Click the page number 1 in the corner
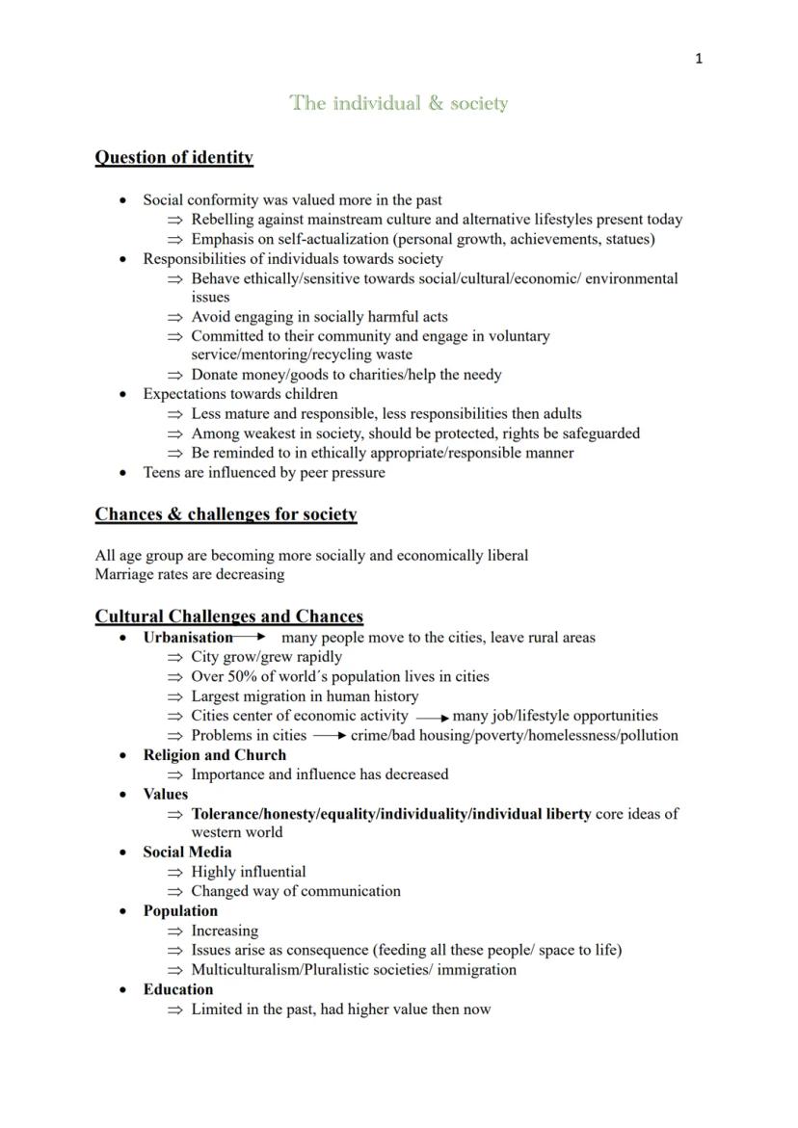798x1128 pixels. [x=699, y=59]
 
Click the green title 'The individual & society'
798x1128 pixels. [x=399, y=103]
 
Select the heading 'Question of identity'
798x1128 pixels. [x=173, y=157]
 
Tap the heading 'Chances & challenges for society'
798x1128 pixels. [x=226, y=513]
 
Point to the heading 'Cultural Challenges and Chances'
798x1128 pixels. [x=228, y=616]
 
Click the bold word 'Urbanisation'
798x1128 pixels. [x=188, y=637]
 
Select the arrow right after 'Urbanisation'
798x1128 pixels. [x=250, y=637]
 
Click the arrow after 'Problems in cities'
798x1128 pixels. [x=329, y=736]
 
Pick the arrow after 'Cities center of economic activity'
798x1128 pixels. [x=433, y=717]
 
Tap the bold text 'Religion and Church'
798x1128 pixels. [x=214, y=754]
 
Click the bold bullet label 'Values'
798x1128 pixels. [x=166, y=794]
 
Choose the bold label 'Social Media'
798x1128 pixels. [x=187, y=852]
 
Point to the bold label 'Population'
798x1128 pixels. [x=180, y=910]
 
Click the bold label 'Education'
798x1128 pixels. [x=178, y=989]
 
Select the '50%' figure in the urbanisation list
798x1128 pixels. [x=243, y=676]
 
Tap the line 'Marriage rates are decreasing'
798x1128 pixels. [x=190, y=574]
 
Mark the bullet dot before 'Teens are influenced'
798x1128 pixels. [x=122, y=473]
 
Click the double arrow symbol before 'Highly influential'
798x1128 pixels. [x=174, y=872]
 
